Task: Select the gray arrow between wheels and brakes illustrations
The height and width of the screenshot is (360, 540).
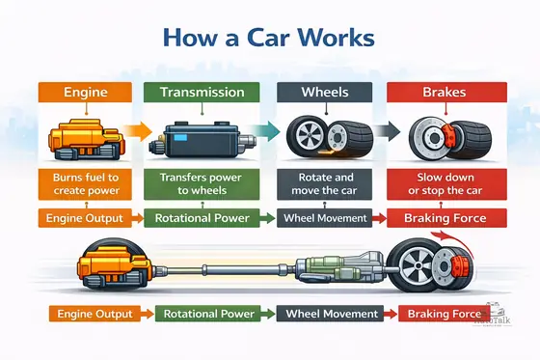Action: [x=383, y=132]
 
